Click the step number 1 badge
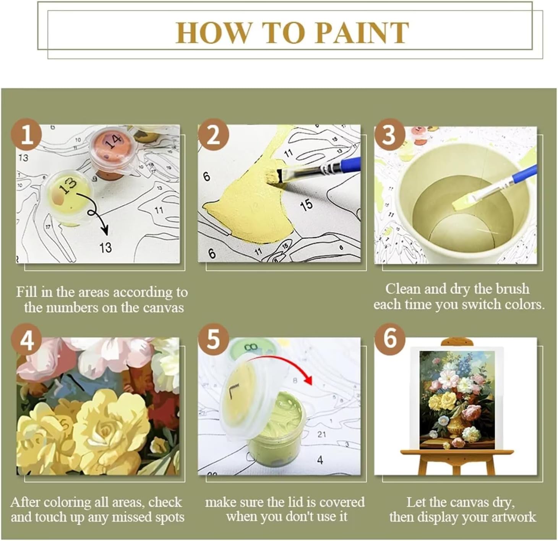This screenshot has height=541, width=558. coord(26,135)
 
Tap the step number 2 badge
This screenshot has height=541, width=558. coord(213,135)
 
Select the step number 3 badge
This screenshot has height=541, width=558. coord(389,135)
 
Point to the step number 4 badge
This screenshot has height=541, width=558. coord(26,340)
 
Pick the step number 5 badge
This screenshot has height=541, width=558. coord(213,340)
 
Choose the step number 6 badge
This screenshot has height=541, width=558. coord(389,340)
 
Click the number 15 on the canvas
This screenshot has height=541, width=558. coord(306,205)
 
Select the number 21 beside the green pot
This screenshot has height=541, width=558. coord(321,434)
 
